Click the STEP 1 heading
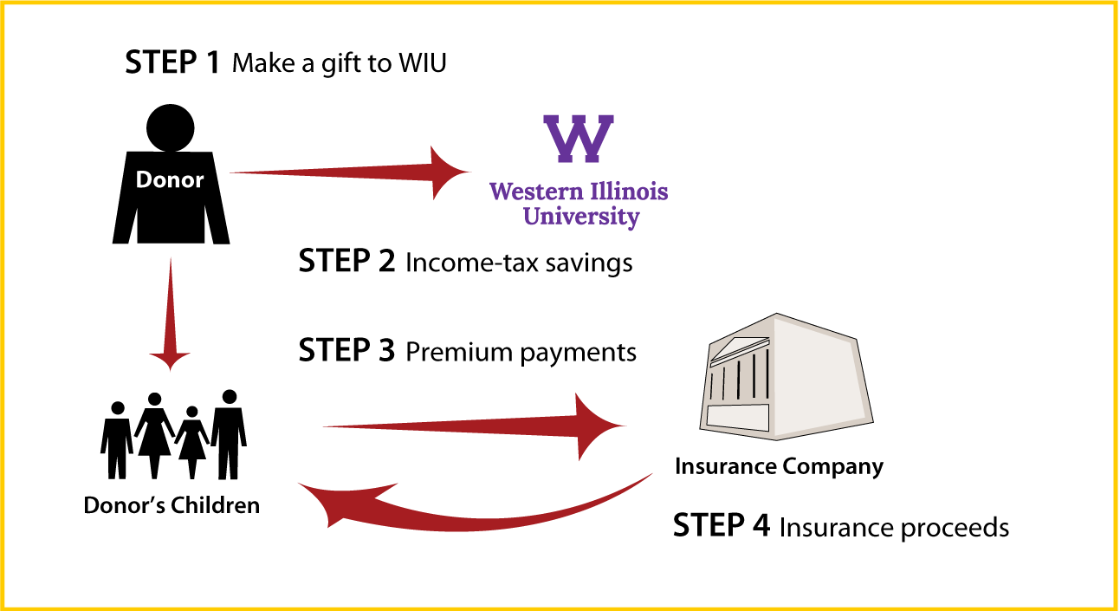(x=172, y=62)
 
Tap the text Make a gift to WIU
(x=339, y=64)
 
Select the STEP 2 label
(x=346, y=261)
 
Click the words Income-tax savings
(x=519, y=263)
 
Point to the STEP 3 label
(x=346, y=350)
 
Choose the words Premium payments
(x=521, y=353)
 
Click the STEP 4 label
(x=722, y=525)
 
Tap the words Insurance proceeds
(x=895, y=529)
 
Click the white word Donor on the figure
(x=170, y=179)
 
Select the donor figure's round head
(x=171, y=127)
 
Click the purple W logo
(x=579, y=139)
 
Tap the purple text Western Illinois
(x=579, y=192)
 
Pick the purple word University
(x=581, y=218)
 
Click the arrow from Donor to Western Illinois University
(x=350, y=172)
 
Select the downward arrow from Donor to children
(x=170, y=315)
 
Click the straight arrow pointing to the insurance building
(x=475, y=426)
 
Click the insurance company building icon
(x=787, y=377)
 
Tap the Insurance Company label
(x=779, y=467)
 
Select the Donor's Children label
(x=172, y=505)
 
